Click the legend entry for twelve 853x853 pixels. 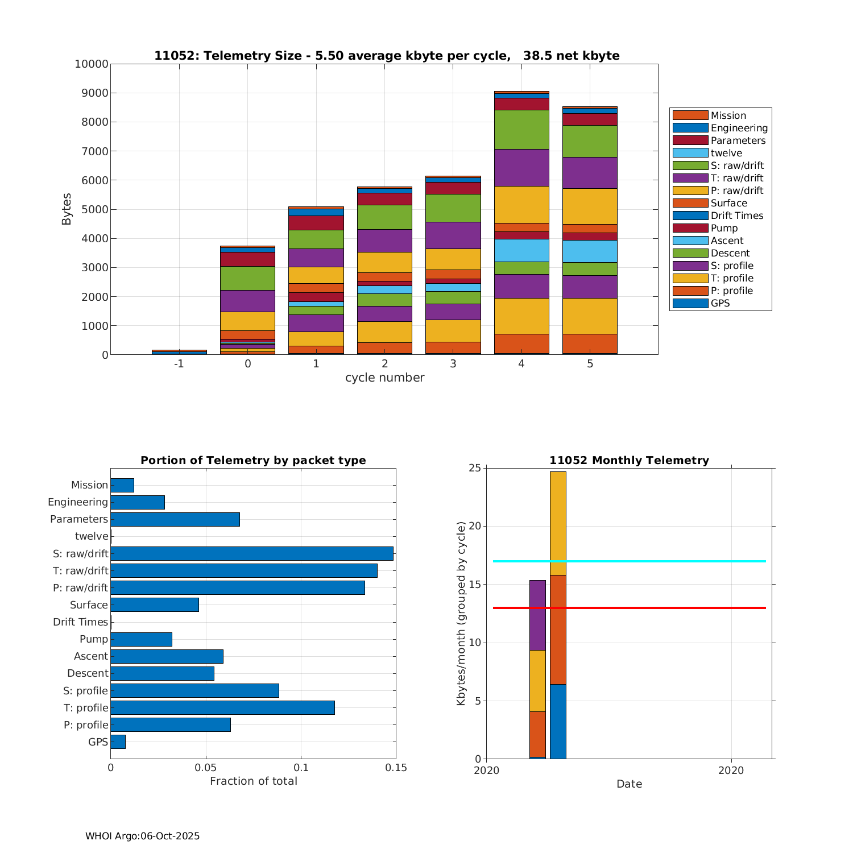(726, 153)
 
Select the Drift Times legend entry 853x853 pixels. (736, 216)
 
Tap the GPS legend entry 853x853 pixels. (720, 303)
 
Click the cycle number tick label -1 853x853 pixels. (179, 363)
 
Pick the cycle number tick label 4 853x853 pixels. (521, 363)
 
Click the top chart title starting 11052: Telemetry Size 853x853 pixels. (387, 56)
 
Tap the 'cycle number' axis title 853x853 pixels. (384, 378)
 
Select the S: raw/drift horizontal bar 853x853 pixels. (252, 553)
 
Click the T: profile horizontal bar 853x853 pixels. (222, 707)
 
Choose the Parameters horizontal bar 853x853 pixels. (175, 519)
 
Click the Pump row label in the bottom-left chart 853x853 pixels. (94, 639)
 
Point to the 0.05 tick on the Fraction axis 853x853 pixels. (206, 768)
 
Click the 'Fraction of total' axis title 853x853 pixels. (254, 781)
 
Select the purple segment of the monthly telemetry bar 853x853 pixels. (537, 615)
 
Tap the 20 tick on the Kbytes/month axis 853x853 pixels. (474, 527)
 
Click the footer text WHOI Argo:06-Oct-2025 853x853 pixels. (143, 836)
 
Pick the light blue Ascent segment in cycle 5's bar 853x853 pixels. (590, 251)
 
